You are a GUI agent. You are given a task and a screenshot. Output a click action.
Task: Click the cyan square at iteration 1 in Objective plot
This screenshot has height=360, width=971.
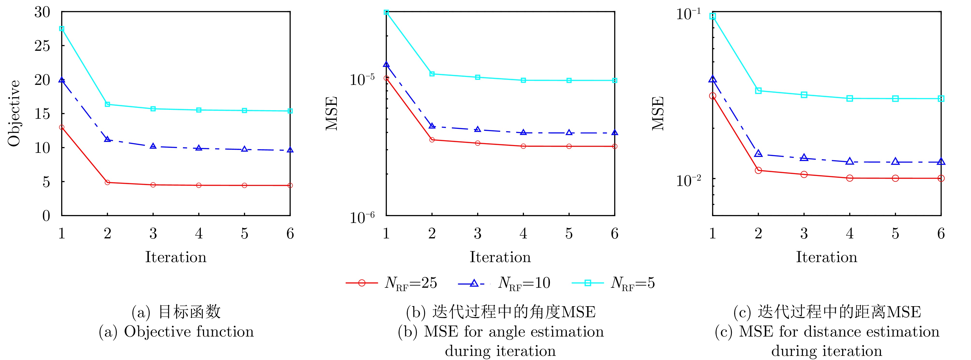62,29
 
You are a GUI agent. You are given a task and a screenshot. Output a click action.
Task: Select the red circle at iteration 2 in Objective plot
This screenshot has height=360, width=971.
107,183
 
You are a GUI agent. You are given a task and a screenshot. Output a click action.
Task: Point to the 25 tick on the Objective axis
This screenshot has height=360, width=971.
42,46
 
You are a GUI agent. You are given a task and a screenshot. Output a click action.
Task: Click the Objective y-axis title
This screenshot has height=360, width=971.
14,113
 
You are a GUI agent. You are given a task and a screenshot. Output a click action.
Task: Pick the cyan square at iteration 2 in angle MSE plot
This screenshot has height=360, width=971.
432,74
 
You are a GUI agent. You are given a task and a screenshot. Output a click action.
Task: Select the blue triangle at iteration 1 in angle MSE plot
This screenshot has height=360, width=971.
386,65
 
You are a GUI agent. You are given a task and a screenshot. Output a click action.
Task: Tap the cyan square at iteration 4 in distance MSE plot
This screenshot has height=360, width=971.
850,98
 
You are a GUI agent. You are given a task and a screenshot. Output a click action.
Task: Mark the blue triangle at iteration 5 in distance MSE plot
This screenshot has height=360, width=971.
895,162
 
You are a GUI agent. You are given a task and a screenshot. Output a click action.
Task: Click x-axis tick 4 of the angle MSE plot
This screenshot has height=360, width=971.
523,234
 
